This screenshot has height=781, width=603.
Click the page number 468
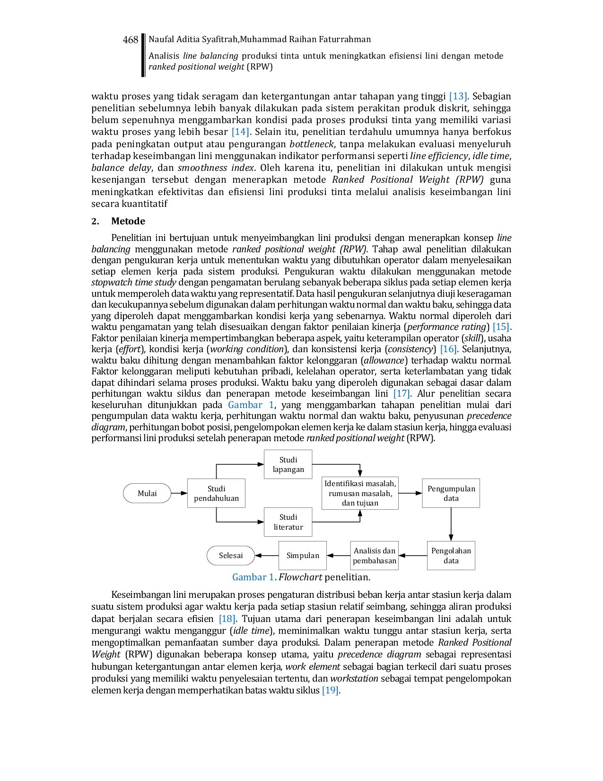tap(131, 40)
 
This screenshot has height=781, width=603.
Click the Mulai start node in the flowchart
tap(147, 493)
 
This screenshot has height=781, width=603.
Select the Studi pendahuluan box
tap(216, 493)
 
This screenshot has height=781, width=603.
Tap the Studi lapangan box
tap(288, 464)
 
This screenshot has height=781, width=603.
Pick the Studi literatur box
tap(288, 522)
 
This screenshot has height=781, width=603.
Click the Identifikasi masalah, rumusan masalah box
tap(360, 493)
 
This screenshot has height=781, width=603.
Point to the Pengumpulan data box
tap(451, 493)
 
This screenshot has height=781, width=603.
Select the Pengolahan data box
tap(451, 555)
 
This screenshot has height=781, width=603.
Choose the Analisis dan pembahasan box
tap(374, 555)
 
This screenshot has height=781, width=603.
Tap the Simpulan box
tap(303, 555)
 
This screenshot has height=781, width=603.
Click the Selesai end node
tap(231, 555)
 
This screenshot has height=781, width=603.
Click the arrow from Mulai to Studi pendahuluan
tap(179, 493)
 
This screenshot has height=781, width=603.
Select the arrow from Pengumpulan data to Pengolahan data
tap(451, 524)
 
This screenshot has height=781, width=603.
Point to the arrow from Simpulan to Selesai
tap(267, 555)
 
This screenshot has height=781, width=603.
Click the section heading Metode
tap(128, 221)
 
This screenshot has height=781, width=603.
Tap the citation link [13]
tap(458, 96)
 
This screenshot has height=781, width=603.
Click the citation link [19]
tap(331, 691)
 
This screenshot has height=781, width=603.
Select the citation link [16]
tap(448, 349)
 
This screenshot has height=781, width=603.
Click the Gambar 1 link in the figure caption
tap(253, 577)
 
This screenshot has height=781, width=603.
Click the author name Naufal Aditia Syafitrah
tap(193, 39)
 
